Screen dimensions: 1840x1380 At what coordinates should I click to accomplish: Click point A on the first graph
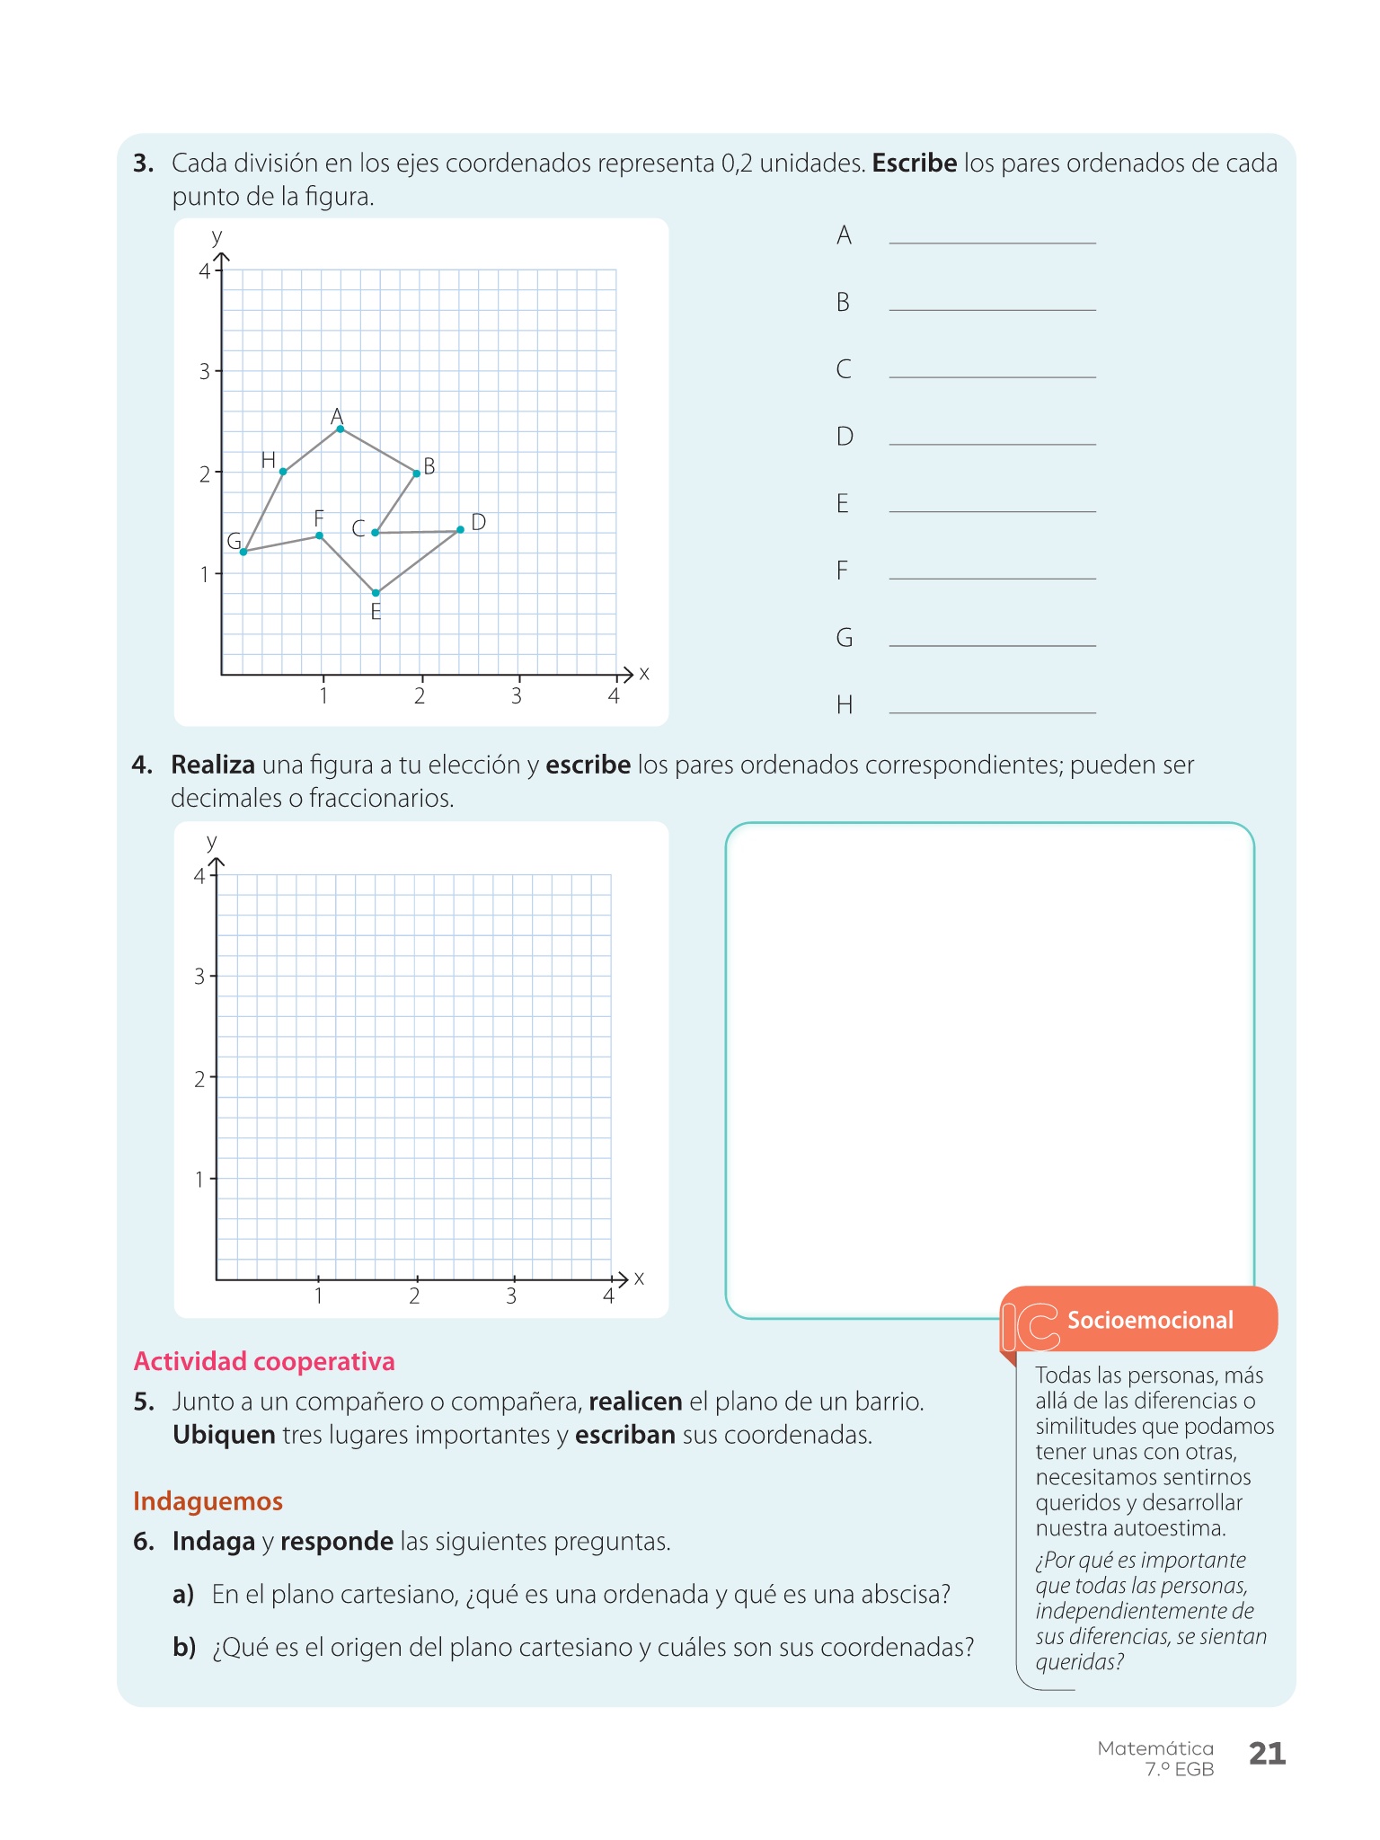point(340,429)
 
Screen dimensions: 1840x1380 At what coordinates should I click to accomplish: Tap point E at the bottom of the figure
point(376,593)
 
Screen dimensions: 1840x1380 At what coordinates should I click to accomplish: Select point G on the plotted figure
point(243,552)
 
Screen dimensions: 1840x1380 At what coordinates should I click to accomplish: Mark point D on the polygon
point(460,529)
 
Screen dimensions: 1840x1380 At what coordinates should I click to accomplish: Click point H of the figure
point(283,472)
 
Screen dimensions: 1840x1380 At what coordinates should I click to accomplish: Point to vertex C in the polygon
point(375,533)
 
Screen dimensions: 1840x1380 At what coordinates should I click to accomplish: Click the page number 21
point(1267,1753)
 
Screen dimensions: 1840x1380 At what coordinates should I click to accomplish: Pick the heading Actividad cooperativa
point(264,1361)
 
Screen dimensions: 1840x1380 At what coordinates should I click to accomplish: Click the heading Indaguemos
point(208,1501)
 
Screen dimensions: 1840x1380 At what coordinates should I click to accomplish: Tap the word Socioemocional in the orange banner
point(1150,1320)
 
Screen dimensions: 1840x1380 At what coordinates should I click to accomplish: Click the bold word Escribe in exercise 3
point(914,164)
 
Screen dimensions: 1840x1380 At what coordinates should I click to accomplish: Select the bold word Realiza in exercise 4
point(213,765)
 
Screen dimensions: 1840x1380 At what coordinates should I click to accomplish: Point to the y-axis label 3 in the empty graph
point(199,977)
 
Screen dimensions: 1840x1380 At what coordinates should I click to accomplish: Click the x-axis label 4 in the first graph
point(614,696)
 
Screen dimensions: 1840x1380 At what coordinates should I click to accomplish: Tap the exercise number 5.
point(144,1402)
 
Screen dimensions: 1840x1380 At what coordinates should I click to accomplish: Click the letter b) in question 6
point(184,1647)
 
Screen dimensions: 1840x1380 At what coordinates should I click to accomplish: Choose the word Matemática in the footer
point(1155,1747)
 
